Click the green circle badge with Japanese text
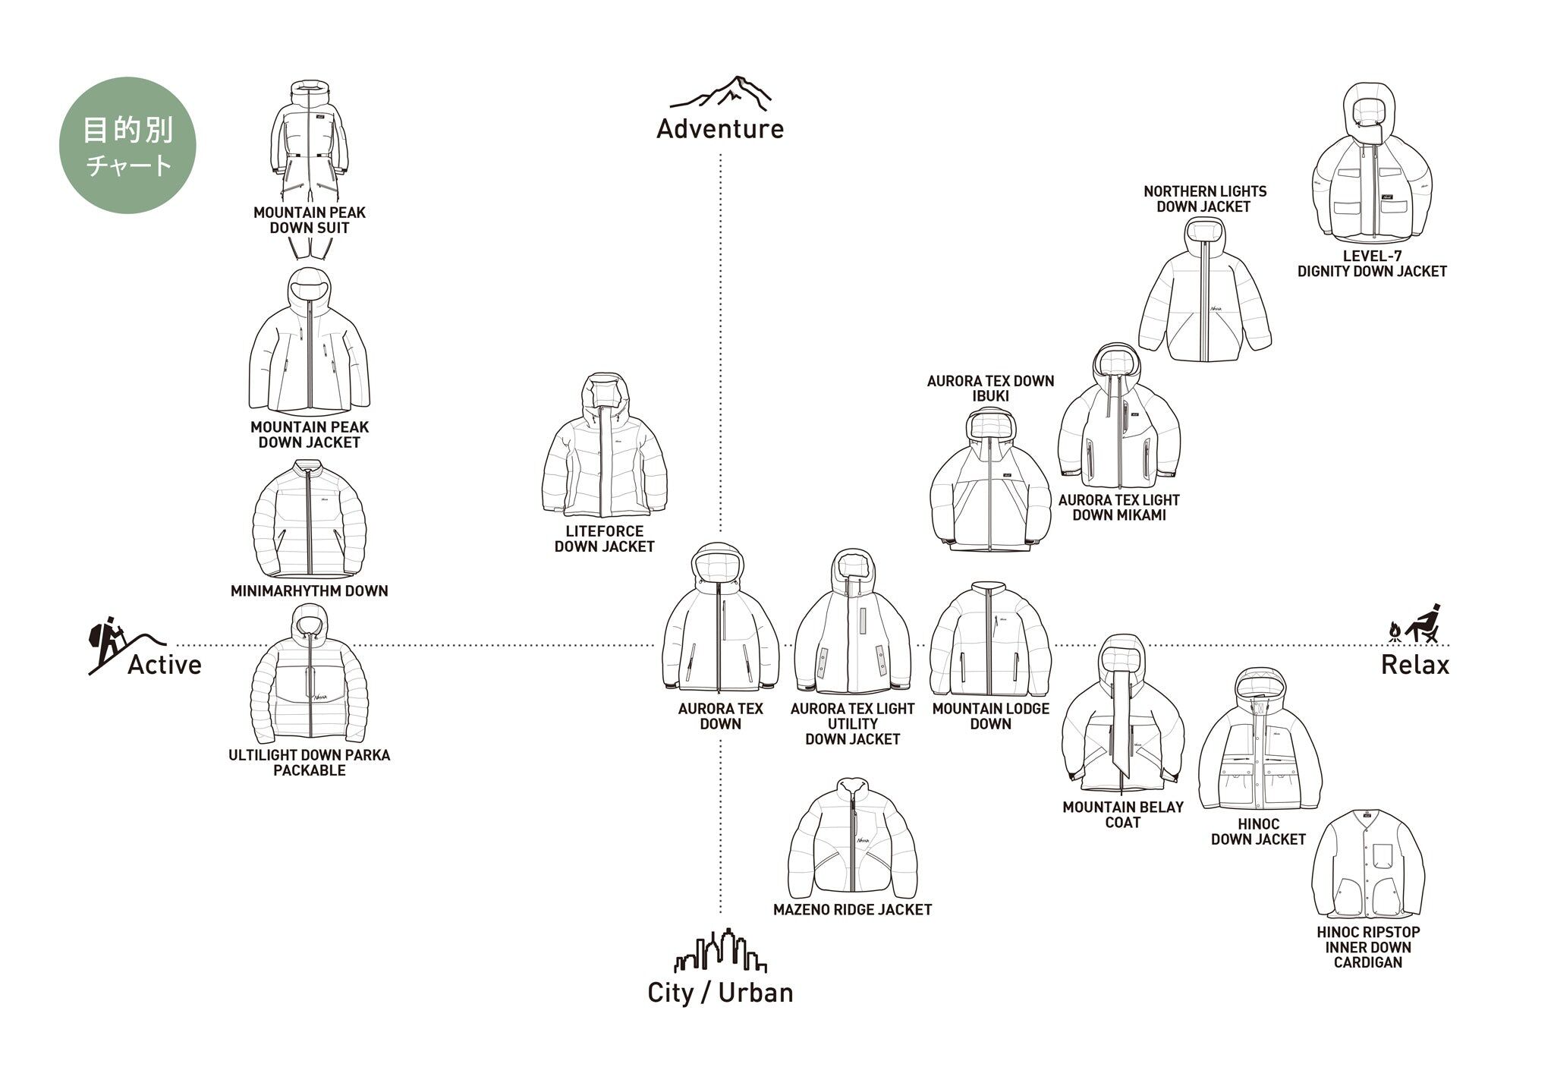127,145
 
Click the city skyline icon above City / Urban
720,950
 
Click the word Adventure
720,129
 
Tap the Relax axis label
1414,665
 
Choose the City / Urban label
720,993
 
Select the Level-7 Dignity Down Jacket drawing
1372,163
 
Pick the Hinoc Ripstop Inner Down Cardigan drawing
1368,865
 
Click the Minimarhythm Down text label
310,590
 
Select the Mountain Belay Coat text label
1123,814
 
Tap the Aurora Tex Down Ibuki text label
990,389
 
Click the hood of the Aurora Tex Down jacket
718,565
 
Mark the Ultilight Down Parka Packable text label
310,763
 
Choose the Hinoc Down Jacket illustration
1260,740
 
